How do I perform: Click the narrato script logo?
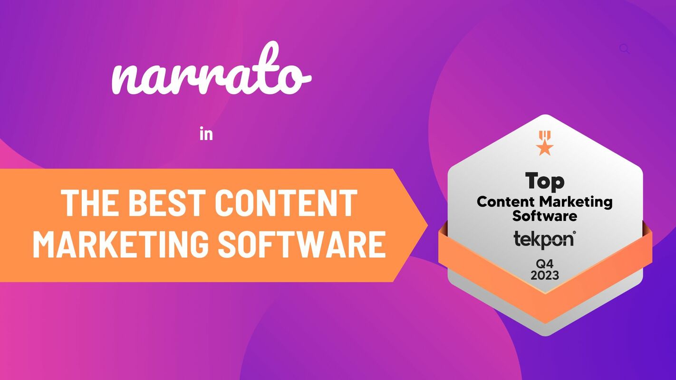211,76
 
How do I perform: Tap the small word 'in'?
206,135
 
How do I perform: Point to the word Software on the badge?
545,216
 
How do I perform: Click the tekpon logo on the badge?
543,239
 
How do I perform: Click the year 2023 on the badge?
545,275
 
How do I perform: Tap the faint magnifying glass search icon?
625,48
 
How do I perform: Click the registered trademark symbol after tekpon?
574,232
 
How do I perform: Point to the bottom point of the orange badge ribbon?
545,317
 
